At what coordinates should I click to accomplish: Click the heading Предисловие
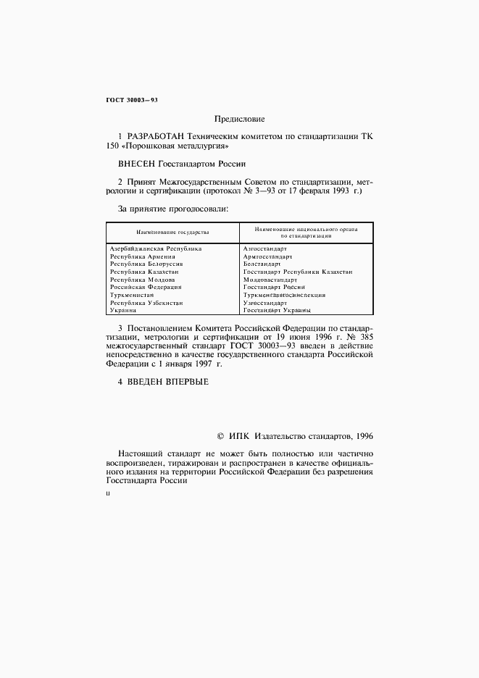pos(239,118)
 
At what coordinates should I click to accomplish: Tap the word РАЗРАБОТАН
pos(156,136)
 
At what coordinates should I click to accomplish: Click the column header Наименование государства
pos(173,233)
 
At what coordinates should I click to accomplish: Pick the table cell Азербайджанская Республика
pos(156,248)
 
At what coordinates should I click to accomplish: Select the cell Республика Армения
pos(142,256)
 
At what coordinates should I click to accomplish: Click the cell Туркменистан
pos(132,295)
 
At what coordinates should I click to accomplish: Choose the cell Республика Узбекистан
pos(146,303)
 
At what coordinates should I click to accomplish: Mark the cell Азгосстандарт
pos(265,248)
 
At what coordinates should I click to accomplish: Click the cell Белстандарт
pos(262,264)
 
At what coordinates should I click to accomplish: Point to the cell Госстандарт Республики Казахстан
pos(298,272)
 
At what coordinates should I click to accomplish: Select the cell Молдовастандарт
pos(270,280)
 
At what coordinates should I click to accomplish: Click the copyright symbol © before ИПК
pos(220,436)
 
